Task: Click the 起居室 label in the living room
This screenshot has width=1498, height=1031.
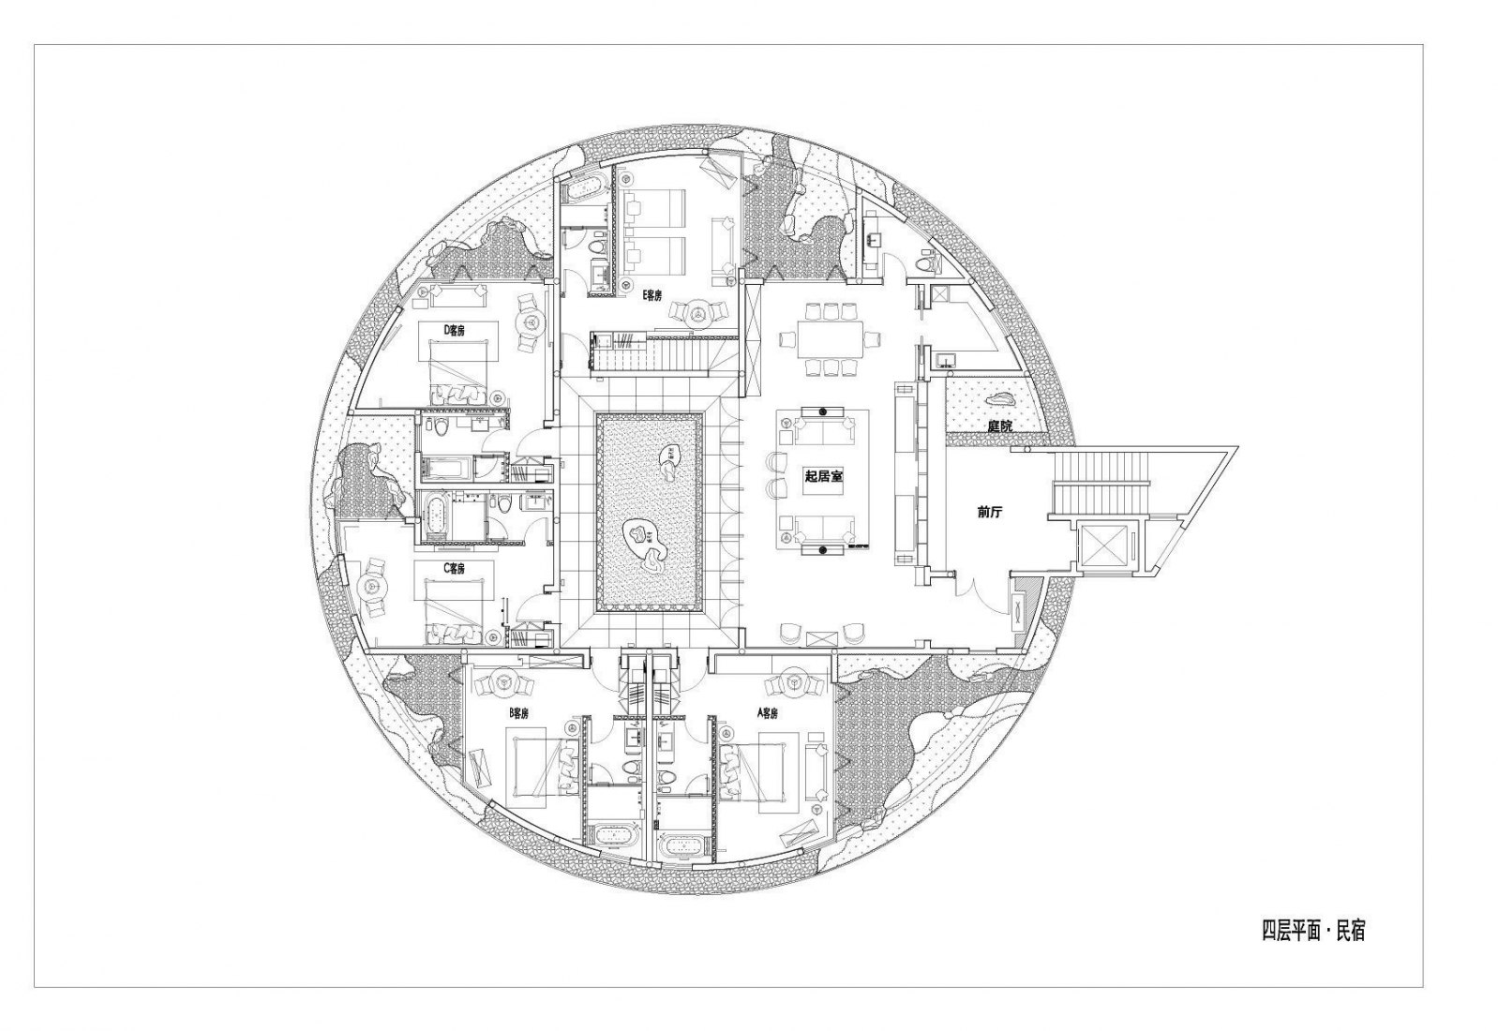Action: (823, 476)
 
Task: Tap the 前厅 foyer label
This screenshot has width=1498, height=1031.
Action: (988, 512)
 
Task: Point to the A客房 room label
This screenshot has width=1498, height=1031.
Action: (767, 713)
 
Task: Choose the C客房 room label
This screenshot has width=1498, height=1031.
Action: (454, 568)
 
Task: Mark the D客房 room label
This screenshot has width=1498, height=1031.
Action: (454, 329)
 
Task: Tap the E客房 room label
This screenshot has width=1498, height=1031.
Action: (652, 295)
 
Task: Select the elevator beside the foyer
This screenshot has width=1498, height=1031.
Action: (1106, 544)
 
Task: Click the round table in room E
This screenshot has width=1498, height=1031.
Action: (698, 312)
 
